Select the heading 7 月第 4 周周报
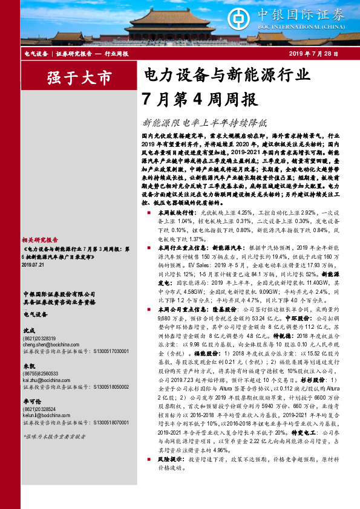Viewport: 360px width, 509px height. [199, 98]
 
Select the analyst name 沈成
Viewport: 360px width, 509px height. [28, 331]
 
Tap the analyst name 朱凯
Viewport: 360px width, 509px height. [28, 366]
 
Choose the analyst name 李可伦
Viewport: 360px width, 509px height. [31, 402]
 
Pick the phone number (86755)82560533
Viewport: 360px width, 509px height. [42, 374]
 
